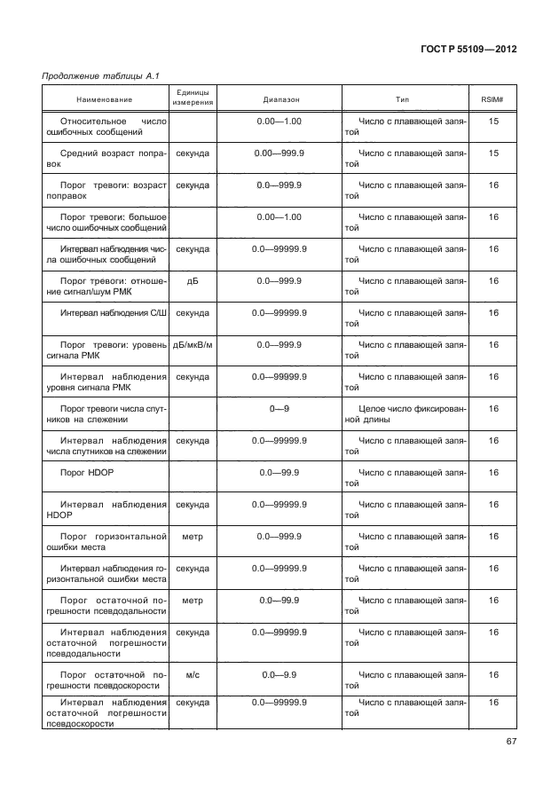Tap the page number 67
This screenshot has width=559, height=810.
point(508,742)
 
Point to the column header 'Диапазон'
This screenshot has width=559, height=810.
point(281,98)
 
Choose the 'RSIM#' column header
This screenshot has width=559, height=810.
point(492,98)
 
